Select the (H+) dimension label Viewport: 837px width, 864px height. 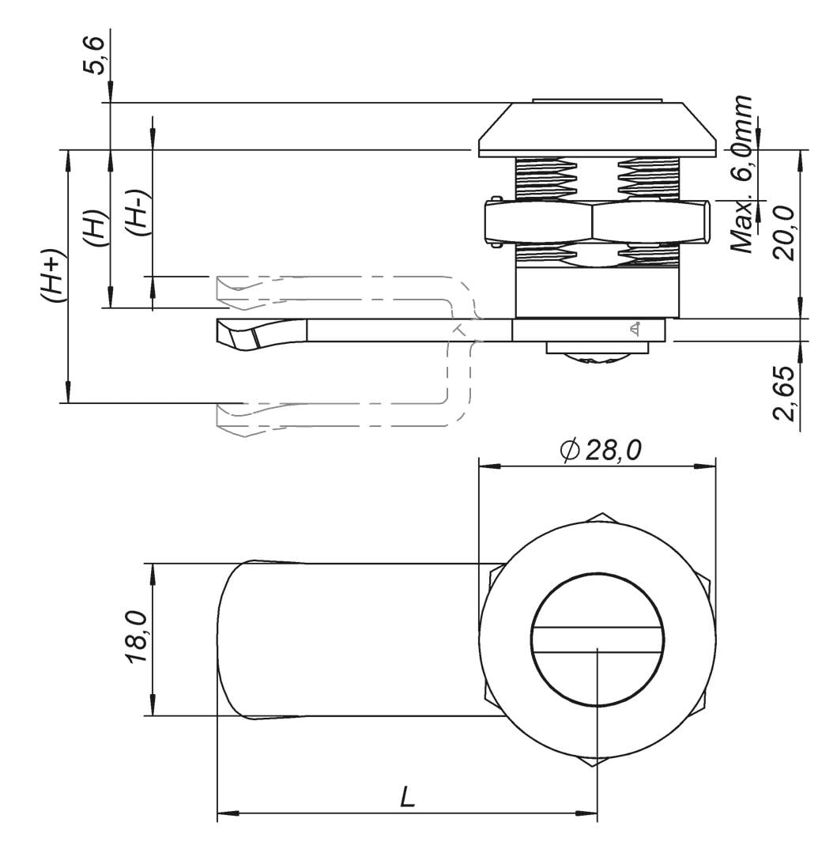coord(53,277)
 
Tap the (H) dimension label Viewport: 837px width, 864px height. coord(95,228)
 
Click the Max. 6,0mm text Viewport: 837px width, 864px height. coord(741,174)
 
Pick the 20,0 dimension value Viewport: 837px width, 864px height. coord(784,234)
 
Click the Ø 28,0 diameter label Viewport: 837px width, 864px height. coord(601,451)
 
